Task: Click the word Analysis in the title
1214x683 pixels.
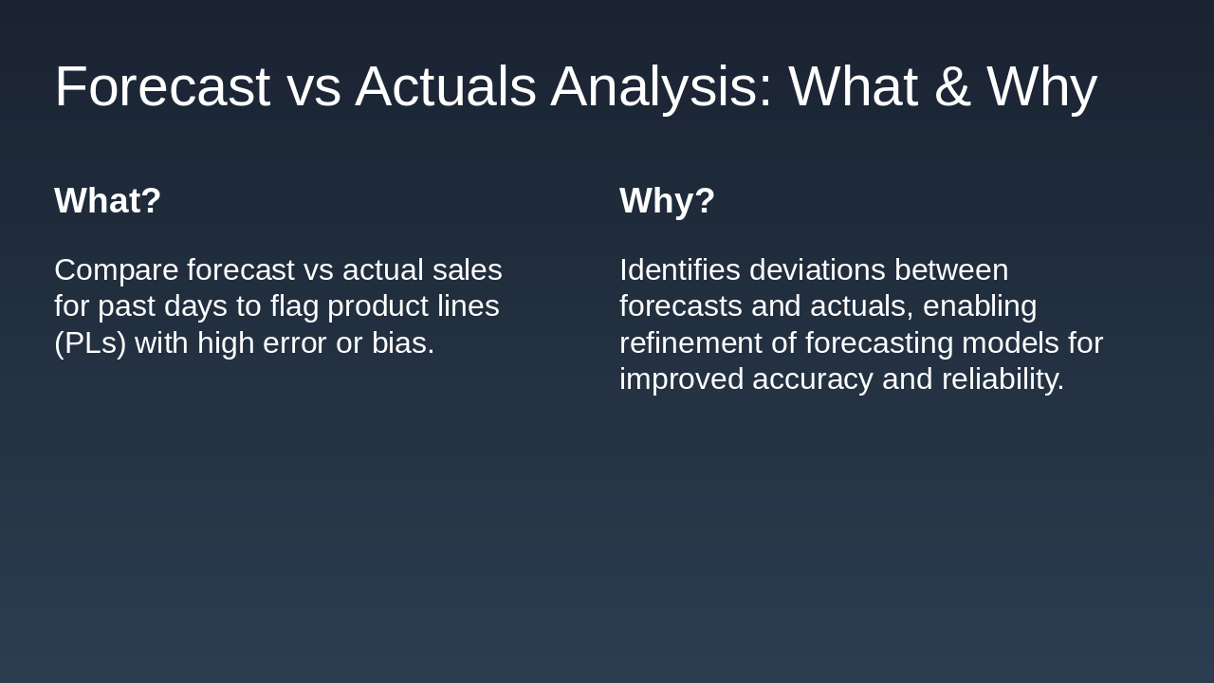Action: click(661, 86)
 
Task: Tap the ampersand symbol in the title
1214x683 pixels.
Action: click(952, 86)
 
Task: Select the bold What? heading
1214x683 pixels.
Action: click(108, 200)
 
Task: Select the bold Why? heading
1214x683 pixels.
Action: click(667, 201)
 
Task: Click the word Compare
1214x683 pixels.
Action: click(116, 270)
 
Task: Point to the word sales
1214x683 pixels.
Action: click(468, 270)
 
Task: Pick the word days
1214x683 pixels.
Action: click(195, 306)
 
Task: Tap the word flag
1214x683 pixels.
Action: click(294, 306)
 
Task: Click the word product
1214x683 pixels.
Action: click(377, 306)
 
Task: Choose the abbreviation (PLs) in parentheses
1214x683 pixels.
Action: click(90, 343)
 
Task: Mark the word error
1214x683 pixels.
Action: click(294, 343)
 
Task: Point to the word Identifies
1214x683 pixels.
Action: click(680, 270)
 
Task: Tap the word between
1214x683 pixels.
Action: click(951, 270)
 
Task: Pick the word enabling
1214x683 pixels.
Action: click(980, 306)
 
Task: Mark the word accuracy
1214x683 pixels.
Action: click(813, 379)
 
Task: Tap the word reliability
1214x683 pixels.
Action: click(1002, 379)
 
